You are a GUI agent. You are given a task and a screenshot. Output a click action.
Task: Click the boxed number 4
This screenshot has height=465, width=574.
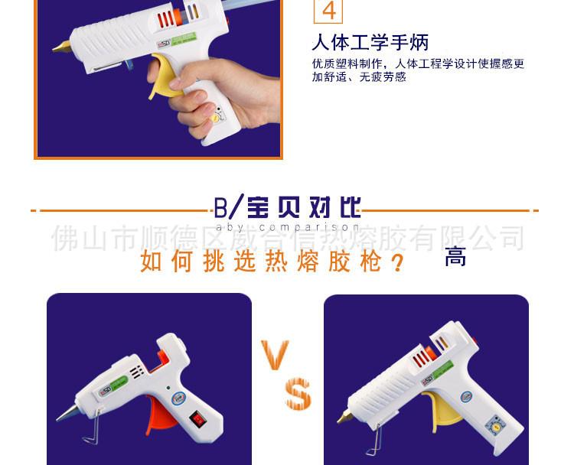point(328,11)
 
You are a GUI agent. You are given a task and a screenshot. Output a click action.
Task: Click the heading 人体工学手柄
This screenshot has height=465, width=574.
point(370,42)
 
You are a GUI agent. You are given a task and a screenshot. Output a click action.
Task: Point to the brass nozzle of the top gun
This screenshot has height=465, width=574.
point(60,47)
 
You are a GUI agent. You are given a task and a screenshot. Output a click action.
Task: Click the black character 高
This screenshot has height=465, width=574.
point(455,257)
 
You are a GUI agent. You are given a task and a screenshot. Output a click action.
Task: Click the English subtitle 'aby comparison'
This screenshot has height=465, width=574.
point(287,227)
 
